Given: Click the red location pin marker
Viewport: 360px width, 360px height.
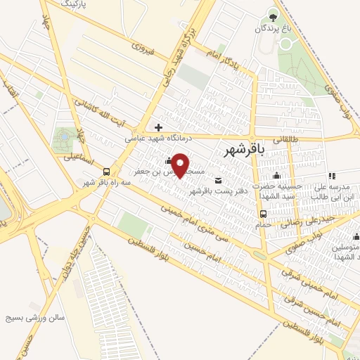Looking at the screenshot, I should tap(181, 165).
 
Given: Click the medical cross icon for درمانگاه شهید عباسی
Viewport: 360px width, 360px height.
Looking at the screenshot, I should tap(159, 127).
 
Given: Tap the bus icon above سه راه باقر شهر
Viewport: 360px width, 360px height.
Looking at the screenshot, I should tap(106, 172).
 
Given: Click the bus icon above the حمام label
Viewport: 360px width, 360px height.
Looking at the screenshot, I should tap(263, 214).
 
